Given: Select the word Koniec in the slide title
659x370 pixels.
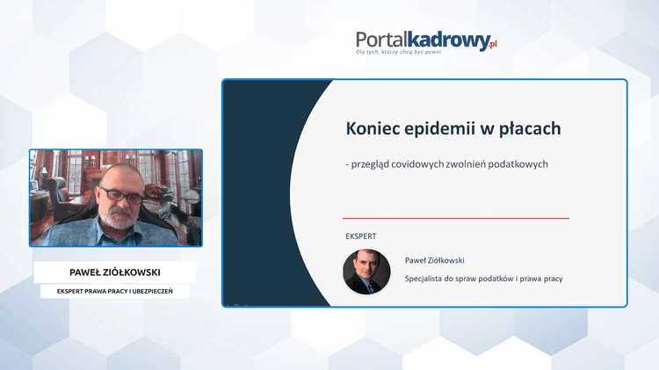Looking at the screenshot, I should pyautogui.click(x=375, y=129).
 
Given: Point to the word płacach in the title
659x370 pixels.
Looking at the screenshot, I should pyautogui.click(x=531, y=129).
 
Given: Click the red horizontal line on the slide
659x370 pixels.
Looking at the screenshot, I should pyautogui.click(x=455, y=218).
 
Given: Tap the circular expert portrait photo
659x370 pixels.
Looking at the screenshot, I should pyautogui.click(x=366, y=271).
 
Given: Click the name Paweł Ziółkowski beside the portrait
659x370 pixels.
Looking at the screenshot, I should pyautogui.click(x=434, y=260).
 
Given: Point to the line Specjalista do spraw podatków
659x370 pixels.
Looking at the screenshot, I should pyautogui.click(x=483, y=279).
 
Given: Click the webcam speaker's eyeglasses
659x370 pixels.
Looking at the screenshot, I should pyautogui.click(x=119, y=192).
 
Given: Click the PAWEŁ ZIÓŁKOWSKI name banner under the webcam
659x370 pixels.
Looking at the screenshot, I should pyautogui.click(x=114, y=272).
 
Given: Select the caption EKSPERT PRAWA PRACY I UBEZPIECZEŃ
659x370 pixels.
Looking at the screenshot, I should pyautogui.click(x=114, y=291).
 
